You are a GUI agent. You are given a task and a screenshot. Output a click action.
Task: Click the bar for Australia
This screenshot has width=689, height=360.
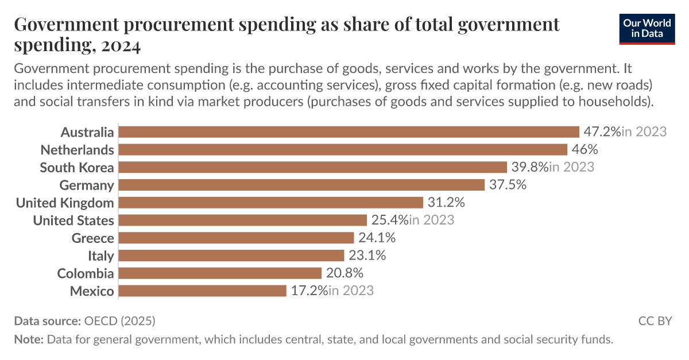tap(349, 132)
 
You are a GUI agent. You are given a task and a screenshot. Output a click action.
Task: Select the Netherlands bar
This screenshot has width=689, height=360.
tap(343, 150)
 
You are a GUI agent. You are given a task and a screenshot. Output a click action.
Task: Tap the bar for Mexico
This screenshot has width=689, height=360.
tap(202, 291)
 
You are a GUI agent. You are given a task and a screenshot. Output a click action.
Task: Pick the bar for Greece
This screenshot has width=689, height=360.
tap(236, 238)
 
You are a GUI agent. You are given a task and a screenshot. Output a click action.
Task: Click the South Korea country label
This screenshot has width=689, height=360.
tap(77, 168)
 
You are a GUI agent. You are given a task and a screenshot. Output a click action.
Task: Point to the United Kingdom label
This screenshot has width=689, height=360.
tap(65, 203)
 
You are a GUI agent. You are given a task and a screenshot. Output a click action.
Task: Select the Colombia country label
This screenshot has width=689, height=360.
tap(86, 273)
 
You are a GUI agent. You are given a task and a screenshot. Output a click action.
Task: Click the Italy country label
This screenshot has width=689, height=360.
tap(100, 256)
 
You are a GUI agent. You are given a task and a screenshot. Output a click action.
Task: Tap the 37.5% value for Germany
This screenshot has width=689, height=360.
tap(508, 185)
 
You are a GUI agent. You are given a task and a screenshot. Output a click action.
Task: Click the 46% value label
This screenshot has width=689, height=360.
tap(585, 150)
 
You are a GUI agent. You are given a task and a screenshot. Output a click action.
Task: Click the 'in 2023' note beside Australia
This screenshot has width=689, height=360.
tap(644, 132)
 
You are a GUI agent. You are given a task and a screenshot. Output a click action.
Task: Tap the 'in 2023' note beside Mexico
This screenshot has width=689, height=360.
tap(351, 291)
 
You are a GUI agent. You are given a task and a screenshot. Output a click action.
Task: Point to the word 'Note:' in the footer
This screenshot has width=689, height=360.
tap(29, 339)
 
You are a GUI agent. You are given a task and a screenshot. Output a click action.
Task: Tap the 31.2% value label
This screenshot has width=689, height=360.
tap(446, 203)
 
